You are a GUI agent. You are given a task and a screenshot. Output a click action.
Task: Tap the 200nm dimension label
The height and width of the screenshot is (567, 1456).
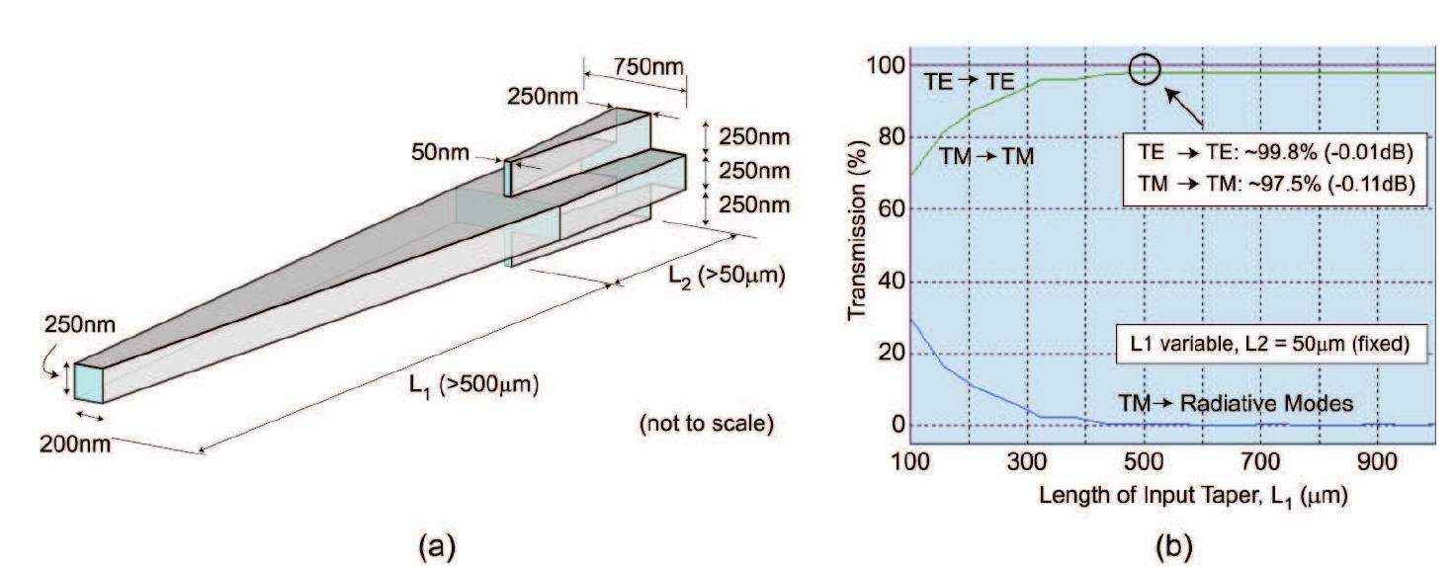pos(76,444)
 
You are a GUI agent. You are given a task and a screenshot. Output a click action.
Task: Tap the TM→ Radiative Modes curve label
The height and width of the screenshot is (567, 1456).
pos(1227,404)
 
